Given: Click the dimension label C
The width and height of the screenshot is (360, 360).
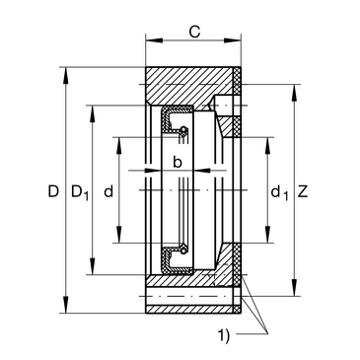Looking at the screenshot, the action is click(x=194, y=32).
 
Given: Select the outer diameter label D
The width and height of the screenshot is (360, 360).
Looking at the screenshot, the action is click(x=53, y=191).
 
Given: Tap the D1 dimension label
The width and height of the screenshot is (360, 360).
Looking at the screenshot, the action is click(x=80, y=192).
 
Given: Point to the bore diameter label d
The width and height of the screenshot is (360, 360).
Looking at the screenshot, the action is click(x=108, y=191).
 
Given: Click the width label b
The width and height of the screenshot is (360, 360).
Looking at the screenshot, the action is click(x=178, y=162).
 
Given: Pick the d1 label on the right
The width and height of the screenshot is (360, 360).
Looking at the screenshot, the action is click(x=279, y=192).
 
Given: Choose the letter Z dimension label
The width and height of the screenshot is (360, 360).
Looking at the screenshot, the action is click(x=303, y=191).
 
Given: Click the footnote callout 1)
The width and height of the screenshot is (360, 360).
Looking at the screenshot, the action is click(x=224, y=335).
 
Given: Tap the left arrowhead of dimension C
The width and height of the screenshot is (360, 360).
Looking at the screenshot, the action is click(x=154, y=40).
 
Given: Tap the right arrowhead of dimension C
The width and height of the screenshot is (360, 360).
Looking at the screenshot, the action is click(x=233, y=40).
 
